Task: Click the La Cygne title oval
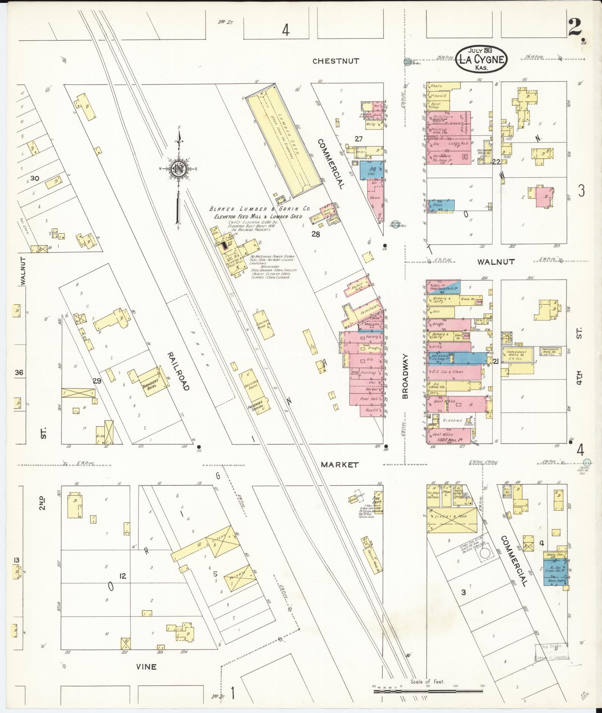481,59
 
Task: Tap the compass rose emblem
178,169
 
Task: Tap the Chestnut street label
336,61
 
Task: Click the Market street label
340,465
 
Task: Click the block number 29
97,381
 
